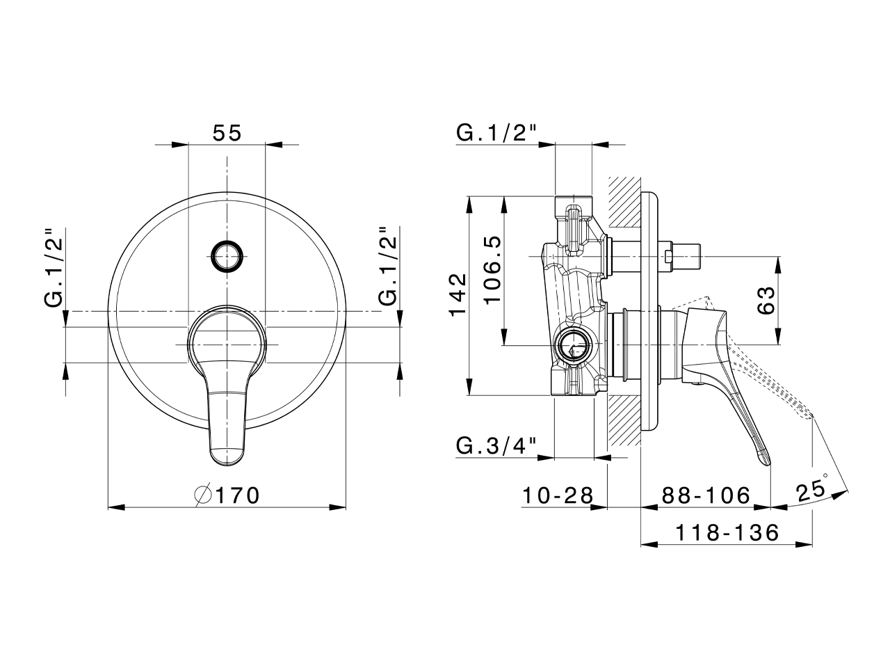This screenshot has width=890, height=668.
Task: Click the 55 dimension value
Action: point(227,132)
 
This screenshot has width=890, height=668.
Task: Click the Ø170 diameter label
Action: point(227,495)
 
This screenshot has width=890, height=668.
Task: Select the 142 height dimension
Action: point(457,295)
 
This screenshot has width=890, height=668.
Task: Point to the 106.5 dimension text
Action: point(492,270)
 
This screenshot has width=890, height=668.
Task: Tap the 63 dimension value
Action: point(765,300)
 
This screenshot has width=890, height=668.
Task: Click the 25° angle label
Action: point(812,489)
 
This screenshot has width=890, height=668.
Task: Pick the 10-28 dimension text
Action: point(558,495)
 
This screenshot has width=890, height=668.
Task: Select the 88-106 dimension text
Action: point(706,495)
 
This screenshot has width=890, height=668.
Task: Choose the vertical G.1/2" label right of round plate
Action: point(389,267)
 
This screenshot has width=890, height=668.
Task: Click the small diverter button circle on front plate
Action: point(227,256)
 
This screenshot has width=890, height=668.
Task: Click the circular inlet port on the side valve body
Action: point(574,345)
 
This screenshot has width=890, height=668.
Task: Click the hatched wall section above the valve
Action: point(624,202)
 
